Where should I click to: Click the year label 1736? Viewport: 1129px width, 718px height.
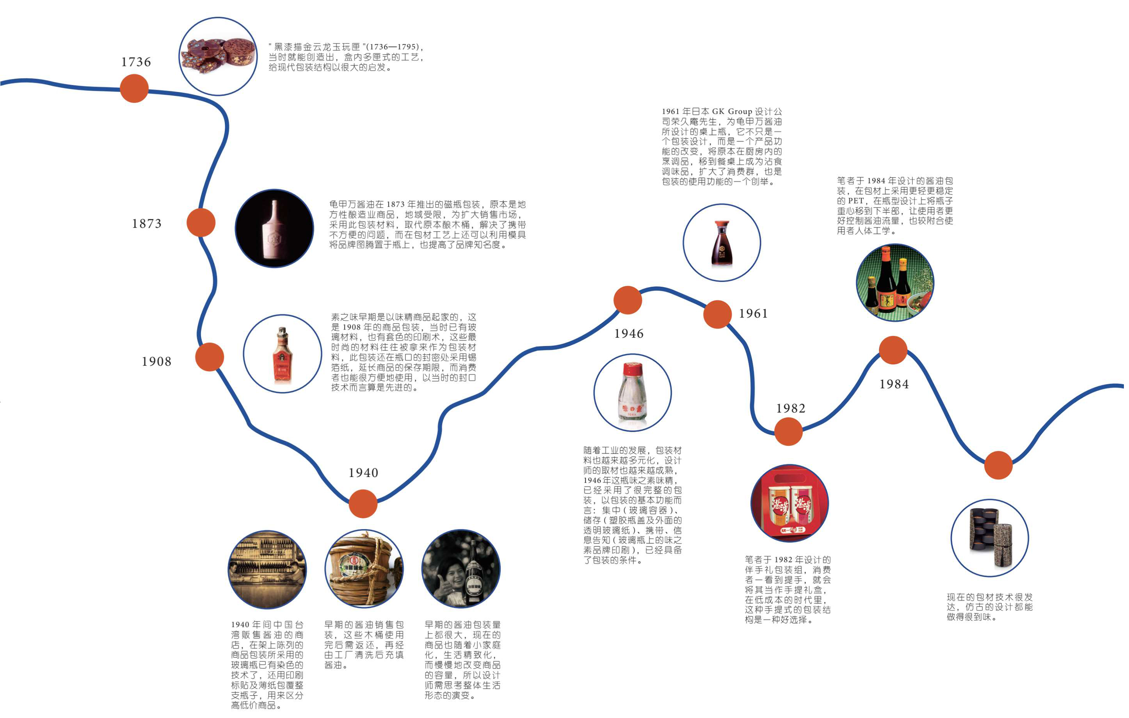[x=136, y=62]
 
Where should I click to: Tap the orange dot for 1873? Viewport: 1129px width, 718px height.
[x=201, y=223]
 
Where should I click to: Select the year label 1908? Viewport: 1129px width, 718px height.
[x=156, y=362]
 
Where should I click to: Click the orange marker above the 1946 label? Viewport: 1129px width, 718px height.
[x=627, y=300]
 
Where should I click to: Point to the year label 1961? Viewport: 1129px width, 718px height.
[x=753, y=314]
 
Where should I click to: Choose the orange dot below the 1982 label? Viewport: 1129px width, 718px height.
[x=788, y=432]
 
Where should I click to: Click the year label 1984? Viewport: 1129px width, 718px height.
[x=894, y=384]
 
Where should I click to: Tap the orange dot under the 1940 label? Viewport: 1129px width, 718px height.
[x=363, y=503]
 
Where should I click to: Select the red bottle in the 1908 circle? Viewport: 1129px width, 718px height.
[x=282, y=355]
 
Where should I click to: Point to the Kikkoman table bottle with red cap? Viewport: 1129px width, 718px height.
[x=722, y=244]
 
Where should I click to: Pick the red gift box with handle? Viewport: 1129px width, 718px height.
[x=789, y=504]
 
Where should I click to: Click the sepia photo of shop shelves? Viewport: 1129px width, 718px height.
[x=267, y=569]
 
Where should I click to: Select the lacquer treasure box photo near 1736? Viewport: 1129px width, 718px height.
[x=218, y=56]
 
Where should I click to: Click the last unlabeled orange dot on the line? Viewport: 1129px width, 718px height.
[x=998, y=465]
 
